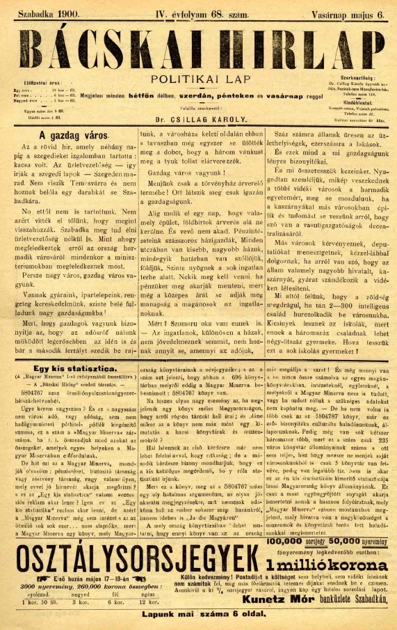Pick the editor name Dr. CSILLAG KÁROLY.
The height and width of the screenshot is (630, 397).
tap(198, 118)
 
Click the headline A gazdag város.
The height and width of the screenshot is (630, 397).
tap(65, 136)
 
